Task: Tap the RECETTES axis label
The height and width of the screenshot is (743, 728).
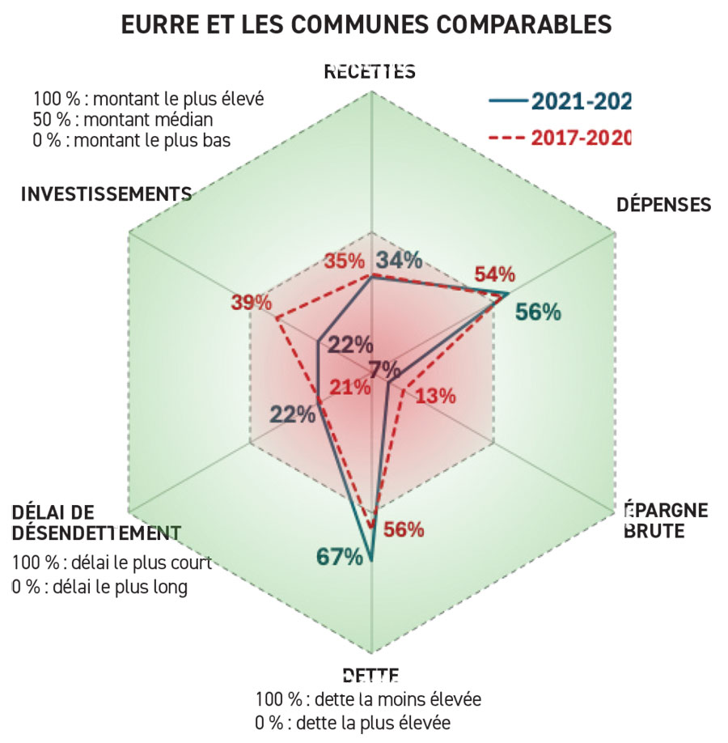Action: point(370,71)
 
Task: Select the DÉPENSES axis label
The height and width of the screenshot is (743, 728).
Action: point(663,204)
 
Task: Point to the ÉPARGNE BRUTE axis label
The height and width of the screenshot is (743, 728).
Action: point(667,520)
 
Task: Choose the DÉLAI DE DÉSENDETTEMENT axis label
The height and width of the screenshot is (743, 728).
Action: point(95,523)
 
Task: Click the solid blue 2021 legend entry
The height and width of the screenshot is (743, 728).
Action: point(559,100)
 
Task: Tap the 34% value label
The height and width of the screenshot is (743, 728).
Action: point(400,261)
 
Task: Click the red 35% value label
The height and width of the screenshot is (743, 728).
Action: point(343,261)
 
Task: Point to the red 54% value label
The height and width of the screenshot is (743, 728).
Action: point(496,274)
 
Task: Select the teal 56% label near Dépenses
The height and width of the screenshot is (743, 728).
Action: point(538,312)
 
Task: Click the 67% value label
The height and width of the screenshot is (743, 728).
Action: point(339,557)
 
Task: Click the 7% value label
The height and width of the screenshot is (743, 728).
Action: point(383,368)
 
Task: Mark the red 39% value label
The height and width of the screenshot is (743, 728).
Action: point(251,303)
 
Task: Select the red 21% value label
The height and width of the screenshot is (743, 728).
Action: point(350,388)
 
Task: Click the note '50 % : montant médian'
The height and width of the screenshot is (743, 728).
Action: point(124,119)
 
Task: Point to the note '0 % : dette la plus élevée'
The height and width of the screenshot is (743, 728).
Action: point(353,721)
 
